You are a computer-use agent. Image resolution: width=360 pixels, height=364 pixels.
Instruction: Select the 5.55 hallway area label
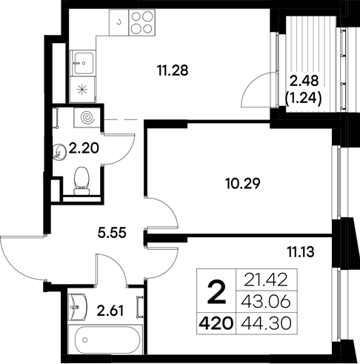point(112,231)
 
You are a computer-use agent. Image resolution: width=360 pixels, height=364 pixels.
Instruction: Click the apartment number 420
point(216,322)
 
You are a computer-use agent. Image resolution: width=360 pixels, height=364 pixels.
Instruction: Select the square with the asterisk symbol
point(82,90)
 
